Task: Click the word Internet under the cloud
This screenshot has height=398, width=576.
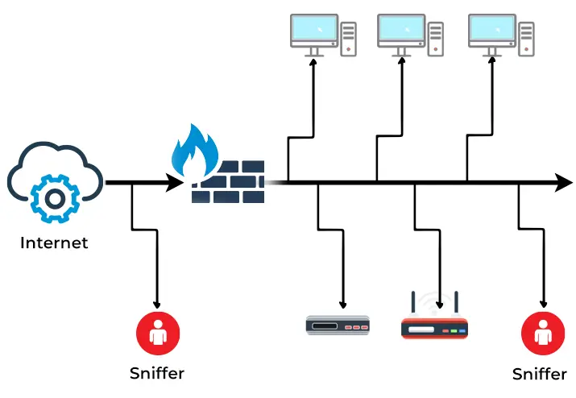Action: (x=54, y=243)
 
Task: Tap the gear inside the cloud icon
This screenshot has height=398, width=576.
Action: (x=54, y=196)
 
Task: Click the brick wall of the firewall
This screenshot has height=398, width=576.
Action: (x=229, y=182)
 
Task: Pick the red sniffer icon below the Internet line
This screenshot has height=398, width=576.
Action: (x=157, y=331)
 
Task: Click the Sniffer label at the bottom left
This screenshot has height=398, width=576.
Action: (x=157, y=373)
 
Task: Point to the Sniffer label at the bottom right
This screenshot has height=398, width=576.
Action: (x=540, y=374)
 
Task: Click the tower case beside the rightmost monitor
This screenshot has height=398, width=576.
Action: (x=527, y=39)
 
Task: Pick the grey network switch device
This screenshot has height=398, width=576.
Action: (x=338, y=325)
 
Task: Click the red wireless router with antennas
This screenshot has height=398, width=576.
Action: (x=434, y=327)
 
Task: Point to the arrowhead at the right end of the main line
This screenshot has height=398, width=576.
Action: (x=565, y=183)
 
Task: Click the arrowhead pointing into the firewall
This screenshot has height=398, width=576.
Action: (x=176, y=183)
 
